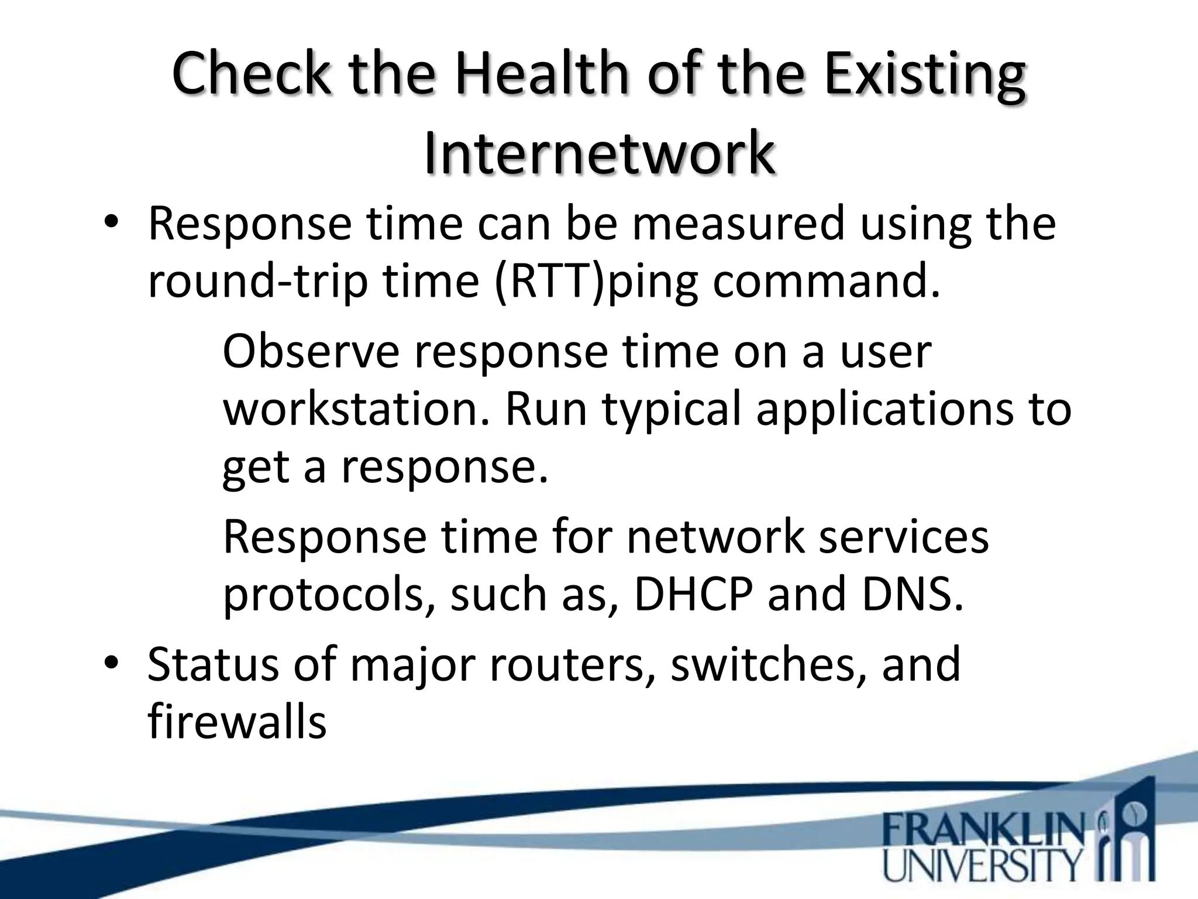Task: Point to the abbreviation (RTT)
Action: point(549,281)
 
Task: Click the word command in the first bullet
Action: point(825,281)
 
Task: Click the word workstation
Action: point(355,409)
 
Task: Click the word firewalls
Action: point(237,721)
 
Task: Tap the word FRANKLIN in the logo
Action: point(983,829)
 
